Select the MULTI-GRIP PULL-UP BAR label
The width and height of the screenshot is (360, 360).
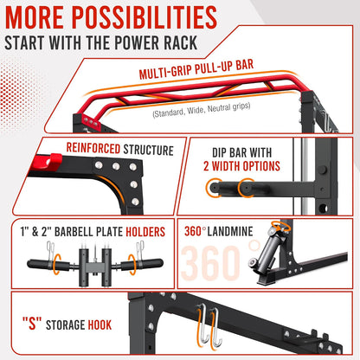tap(196, 69)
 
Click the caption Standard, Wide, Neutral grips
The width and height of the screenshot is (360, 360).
tap(202, 110)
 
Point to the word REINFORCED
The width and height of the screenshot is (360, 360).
tap(93, 148)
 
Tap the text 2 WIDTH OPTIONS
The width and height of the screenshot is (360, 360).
tap(241, 166)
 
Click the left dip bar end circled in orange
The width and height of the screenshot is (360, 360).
tap(214, 188)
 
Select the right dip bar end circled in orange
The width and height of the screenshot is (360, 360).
tap(246, 188)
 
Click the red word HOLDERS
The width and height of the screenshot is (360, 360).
tap(145, 232)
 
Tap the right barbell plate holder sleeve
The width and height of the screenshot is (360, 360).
tap(142, 264)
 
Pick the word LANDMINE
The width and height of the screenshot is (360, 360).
tap(230, 231)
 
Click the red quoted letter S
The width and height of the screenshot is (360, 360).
tap(32, 323)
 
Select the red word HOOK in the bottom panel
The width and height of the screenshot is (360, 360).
tap(100, 325)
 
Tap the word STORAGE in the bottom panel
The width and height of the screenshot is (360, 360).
tap(65, 325)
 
